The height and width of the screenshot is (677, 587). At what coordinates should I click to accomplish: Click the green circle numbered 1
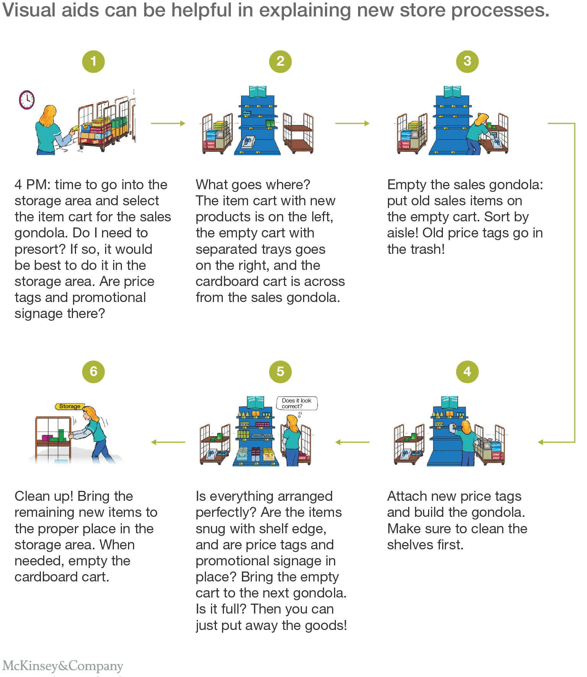click(93, 62)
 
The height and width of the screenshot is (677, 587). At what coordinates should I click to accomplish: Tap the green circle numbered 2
click(280, 62)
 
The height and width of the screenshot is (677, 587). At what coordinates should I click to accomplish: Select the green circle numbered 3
click(467, 62)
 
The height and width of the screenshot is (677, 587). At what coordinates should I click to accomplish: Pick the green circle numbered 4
click(467, 372)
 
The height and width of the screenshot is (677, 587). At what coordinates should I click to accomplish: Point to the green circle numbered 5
click(280, 372)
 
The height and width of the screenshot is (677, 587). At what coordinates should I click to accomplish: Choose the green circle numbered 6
click(93, 372)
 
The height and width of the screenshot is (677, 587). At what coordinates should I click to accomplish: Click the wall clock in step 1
click(27, 100)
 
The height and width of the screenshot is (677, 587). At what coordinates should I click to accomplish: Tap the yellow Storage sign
click(70, 406)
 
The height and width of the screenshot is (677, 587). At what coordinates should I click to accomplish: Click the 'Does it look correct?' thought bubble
click(297, 403)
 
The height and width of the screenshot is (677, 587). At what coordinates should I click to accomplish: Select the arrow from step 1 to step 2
click(168, 123)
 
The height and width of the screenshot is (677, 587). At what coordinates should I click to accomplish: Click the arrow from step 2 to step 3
click(352, 123)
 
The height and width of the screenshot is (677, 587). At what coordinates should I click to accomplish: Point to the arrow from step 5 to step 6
click(168, 442)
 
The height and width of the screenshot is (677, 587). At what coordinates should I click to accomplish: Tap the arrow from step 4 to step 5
click(352, 442)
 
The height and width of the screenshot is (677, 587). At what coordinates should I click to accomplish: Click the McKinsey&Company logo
click(63, 666)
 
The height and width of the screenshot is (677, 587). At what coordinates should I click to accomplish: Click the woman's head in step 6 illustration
click(91, 414)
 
